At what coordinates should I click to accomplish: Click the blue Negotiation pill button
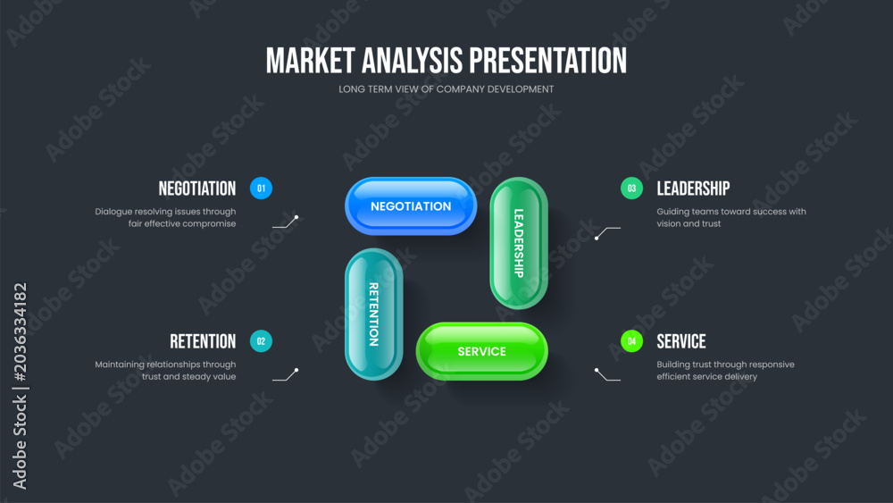411,206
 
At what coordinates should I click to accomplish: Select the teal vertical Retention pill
373,314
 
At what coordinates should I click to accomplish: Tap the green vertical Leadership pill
519,243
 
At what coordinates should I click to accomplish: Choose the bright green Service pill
482,351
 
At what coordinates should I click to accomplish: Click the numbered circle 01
261,189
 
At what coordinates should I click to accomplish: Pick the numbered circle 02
261,341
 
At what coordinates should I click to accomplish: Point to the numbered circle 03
631,189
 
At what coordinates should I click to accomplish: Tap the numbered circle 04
631,341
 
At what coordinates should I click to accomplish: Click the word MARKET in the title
311,61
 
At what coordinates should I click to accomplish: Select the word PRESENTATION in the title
548,61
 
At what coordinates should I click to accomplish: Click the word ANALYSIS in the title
413,61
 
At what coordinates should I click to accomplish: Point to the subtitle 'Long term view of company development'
446,89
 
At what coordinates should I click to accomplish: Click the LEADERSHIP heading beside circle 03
693,189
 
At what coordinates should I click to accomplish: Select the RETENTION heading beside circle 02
203,341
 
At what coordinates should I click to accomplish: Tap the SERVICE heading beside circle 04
681,341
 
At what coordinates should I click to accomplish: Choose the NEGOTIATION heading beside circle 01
197,189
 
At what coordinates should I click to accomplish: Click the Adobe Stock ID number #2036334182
20,332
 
